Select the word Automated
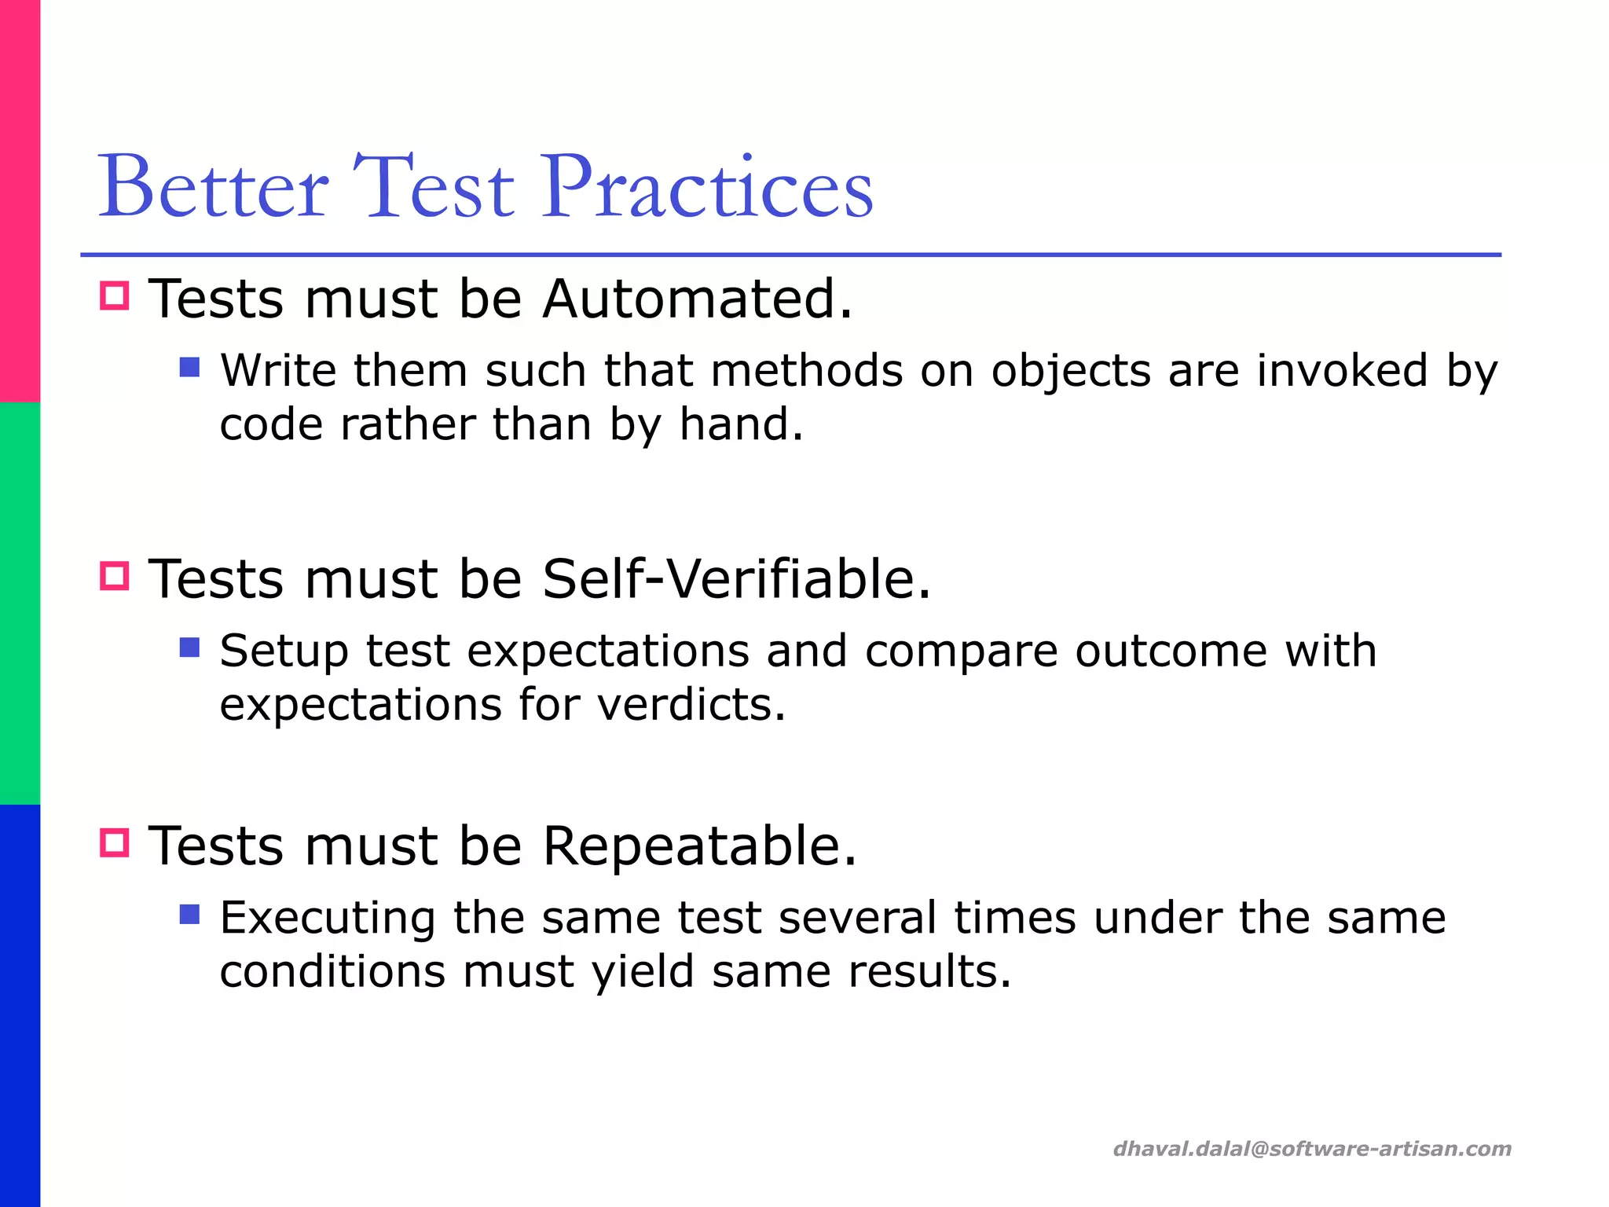pyautogui.click(x=697, y=299)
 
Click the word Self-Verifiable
pyautogui.click(x=736, y=579)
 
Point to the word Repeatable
pyautogui.click(x=699, y=846)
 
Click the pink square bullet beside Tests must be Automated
pyautogui.click(x=115, y=295)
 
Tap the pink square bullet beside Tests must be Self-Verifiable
pyautogui.click(x=115, y=576)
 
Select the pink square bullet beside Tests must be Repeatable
pyautogui.click(x=115, y=843)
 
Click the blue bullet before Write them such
pyautogui.click(x=189, y=367)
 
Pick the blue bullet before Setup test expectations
pyautogui.click(x=189, y=648)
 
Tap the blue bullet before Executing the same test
pyautogui.click(x=189, y=914)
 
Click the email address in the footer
pyautogui.click(x=1312, y=1149)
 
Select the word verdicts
pyautogui.click(x=690, y=704)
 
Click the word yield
pyautogui.click(x=643, y=973)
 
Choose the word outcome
pyautogui.click(x=1171, y=651)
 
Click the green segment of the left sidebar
pyautogui.click(x=20, y=603)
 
